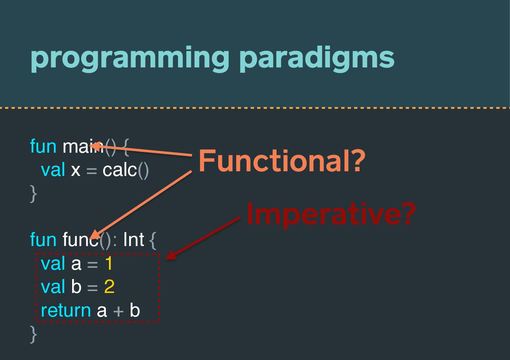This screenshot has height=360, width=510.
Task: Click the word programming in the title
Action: pyautogui.click(x=130, y=59)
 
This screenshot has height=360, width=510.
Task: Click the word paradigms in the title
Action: pyautogui.click(x=317, y=59)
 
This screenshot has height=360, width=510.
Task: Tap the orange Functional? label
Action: pyautogui.click(x=282, y=161)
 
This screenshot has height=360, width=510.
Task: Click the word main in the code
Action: pyautogui.click(x=83, y=146)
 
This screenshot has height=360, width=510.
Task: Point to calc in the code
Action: pyautogui.click(x=120, y=170)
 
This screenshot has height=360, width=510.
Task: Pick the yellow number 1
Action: pyautogui.click(x=109, y=263)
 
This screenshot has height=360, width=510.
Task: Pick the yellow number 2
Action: pyautogui.click(x=109, y=286)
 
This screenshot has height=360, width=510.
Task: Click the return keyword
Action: pyautogui.click(x=66, y=311)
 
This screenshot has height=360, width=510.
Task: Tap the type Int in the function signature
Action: pyautogui.click(x=134, y=239)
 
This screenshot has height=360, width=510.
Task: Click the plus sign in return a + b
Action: pyautogui.click(x=118, y=311)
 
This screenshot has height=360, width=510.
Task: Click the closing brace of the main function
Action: pyautogui.click(x=33, y=194)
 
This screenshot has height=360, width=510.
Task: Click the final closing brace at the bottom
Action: pyautogui.click(x=33, y=334)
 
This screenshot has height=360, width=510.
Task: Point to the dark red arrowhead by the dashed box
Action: pyautogui.click(x=171, y=255)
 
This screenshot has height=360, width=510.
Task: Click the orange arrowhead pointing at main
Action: pyautogui.click(x=96, y=146)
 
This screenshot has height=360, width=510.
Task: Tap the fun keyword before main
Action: pyautogui.click(x=43, y=146)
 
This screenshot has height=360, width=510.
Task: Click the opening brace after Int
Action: pyautogui.click(x=153, y=240)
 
